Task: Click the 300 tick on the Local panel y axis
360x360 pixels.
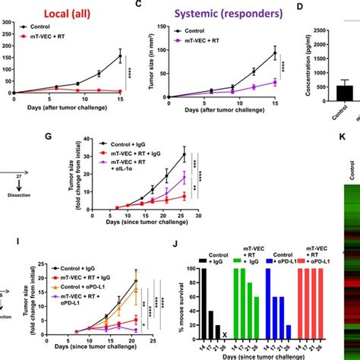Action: pyautogui.click(x=7, y=24)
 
